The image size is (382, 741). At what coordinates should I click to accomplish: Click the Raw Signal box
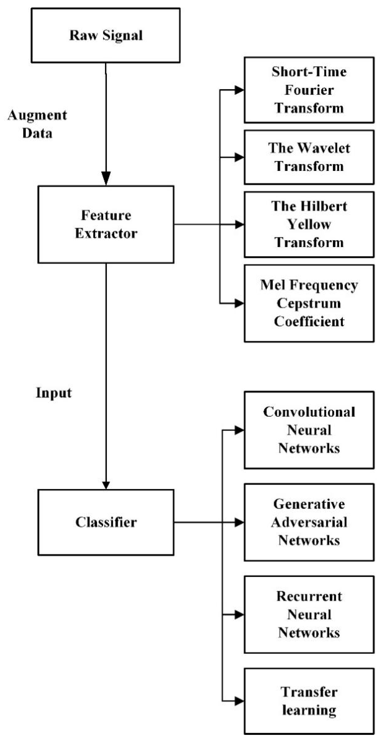(x=106, y=35)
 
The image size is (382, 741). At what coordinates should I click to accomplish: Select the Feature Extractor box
(x=106, y=224)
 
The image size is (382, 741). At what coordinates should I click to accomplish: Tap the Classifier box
(x=106, y=522)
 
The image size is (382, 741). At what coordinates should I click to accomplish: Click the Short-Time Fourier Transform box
(x=309, y=90)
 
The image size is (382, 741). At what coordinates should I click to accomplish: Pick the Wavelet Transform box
(x=309, y=157)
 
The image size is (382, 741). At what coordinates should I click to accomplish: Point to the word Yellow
(x=309, y=224)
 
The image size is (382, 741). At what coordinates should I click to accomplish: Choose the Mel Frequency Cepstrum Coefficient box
(x=309, y=303)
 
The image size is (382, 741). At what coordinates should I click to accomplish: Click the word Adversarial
(x=309, y=522)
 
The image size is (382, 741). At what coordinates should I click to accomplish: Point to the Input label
(x=54, y=393)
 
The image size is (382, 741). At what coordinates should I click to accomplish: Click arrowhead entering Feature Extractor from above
(x=106, y=178)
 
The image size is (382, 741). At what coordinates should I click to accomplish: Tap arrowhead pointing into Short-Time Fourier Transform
(x=239, y=90)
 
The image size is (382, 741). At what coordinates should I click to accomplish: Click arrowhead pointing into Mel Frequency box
(x=239, y=303)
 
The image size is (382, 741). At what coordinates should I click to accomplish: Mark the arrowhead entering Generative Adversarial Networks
(x=239, y=522)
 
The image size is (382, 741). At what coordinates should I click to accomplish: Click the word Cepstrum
(x=309, y=303)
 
